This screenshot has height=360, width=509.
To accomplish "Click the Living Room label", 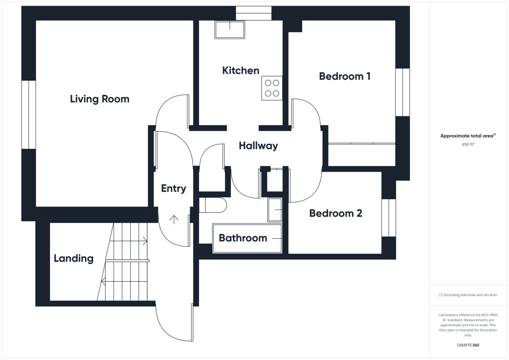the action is coord(100,99).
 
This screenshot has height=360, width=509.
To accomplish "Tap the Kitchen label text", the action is coord(241,70).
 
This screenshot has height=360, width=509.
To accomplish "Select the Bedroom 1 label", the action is coord(345,76).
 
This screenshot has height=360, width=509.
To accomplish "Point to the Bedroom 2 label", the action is coord(336,213).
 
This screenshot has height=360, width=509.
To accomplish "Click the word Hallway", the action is coord(258,146).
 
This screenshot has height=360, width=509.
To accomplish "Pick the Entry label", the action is coord(173,188).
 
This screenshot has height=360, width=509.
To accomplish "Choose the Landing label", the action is coord(74,259).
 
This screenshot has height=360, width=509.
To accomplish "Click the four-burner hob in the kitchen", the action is coord(272,88).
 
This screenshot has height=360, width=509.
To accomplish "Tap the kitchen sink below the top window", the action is coord(230,30).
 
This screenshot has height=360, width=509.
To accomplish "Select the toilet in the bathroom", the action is coord(213,205).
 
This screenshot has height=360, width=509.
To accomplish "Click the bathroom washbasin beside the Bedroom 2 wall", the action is coord(275,209).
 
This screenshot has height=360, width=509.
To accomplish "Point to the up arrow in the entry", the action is coord(174,220).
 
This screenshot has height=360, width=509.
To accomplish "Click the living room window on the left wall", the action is coord(29,115).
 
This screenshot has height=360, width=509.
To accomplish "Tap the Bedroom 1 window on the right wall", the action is coord(403,92).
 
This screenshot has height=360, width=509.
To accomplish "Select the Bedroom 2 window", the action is coord(389,218).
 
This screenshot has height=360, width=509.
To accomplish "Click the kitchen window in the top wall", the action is coord(254,13).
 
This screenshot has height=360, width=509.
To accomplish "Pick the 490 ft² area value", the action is coord(468,144).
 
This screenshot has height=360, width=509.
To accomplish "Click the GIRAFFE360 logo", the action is coord(468,345).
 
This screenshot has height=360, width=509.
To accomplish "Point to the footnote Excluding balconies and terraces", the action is coord(468,295).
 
